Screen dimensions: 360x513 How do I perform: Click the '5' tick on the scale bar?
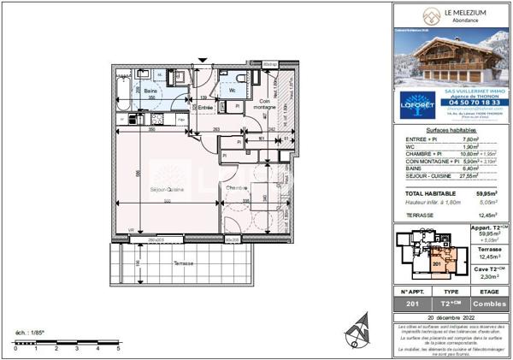coord(118,349)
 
